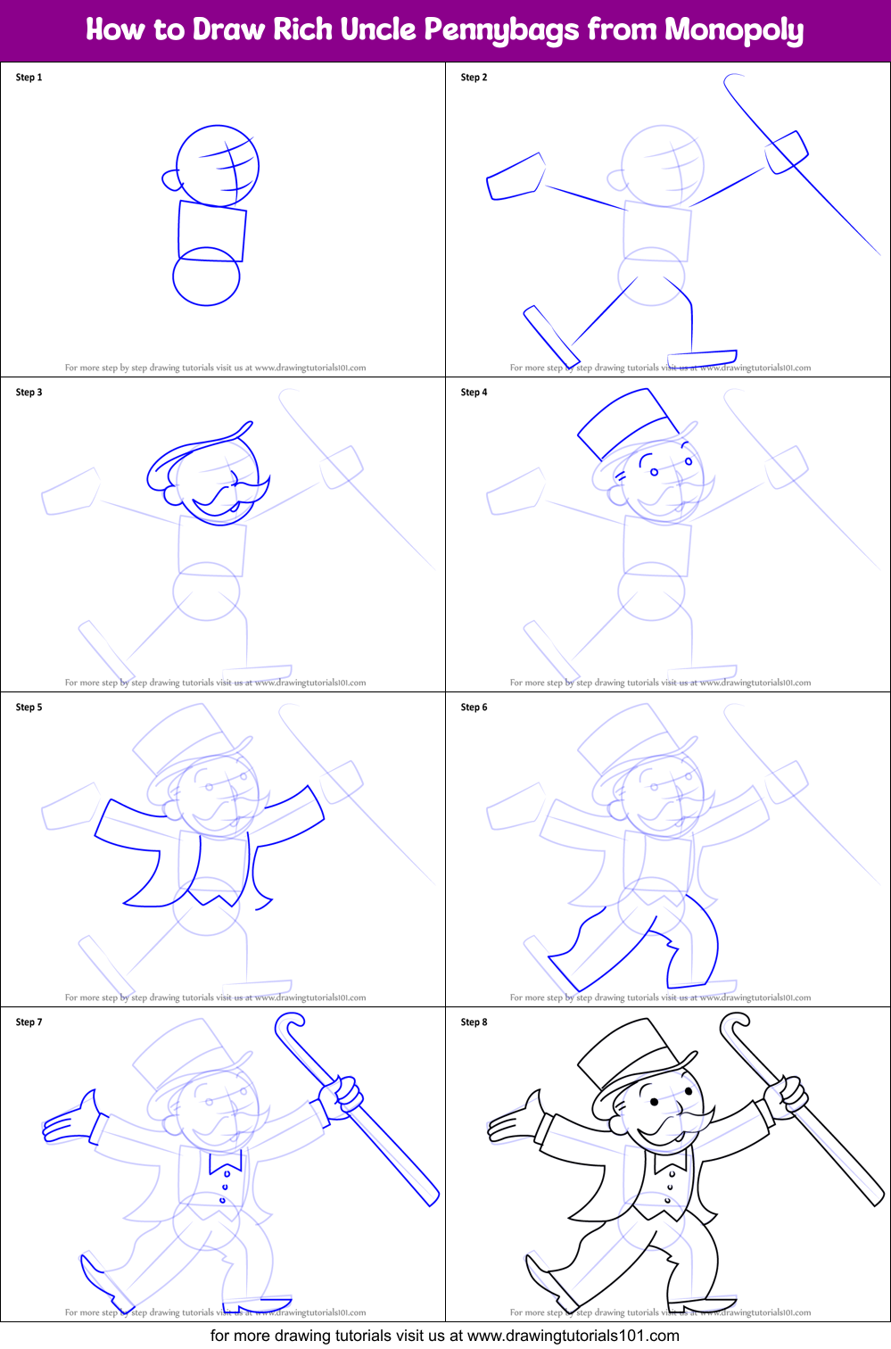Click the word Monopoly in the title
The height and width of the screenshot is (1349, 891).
[x=734, y=30]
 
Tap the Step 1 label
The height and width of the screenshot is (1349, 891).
[x=29, y=78]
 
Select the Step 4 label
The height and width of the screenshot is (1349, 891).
[x=474, y=393]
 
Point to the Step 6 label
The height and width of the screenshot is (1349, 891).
[x=474, y=708]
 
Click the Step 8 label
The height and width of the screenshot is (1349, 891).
[x=474, y=1022]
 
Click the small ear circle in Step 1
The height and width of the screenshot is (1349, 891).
[x=171, y=180]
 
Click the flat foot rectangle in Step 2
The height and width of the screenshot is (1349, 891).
[x=714, y=357]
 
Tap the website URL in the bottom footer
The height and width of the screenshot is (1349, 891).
[x=573, y=1336]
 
